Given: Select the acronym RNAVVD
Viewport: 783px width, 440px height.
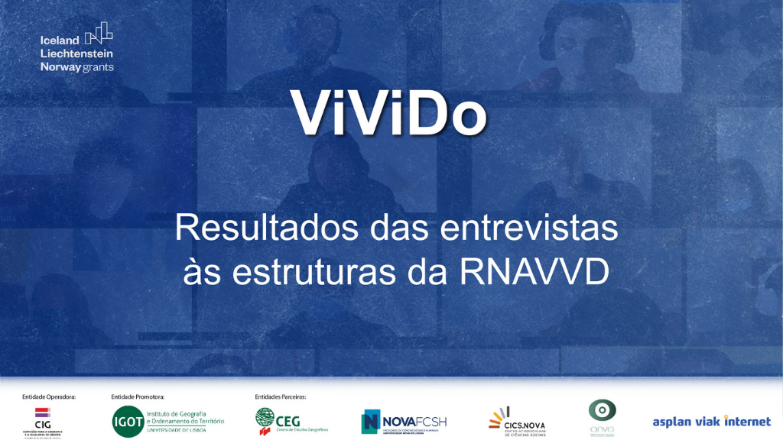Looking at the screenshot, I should [534, 273].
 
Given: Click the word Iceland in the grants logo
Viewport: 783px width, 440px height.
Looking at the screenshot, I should [60, 40].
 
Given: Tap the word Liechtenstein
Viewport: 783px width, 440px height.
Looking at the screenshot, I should [76, 53].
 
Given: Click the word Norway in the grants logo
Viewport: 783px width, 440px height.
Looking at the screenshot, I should [60, 67].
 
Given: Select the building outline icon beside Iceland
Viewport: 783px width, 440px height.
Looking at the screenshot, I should [99, 34].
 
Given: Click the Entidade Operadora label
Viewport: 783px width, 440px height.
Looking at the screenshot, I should [49, 397].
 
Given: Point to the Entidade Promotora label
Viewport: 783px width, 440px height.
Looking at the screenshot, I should [138, 397].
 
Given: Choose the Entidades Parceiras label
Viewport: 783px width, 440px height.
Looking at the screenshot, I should [281, 397].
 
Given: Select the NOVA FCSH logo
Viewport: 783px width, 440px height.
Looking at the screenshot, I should [404, 422].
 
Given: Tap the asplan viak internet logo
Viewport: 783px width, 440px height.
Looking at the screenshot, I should [711, 422].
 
